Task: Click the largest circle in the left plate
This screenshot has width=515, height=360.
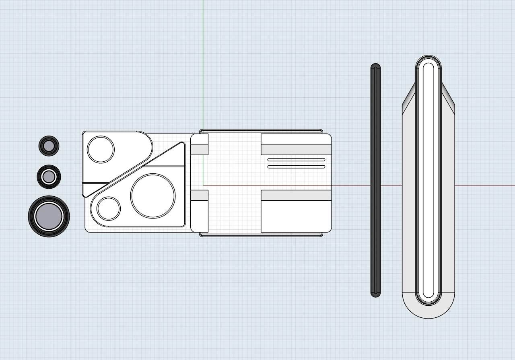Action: point(153,196)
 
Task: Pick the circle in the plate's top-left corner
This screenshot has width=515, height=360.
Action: point(101,149)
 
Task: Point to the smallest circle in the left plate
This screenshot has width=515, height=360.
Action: point(109,208)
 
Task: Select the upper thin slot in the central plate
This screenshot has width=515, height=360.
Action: point(296,160)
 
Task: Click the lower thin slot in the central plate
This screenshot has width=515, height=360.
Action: point(296,166)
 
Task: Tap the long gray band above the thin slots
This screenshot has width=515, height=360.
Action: point(296,150)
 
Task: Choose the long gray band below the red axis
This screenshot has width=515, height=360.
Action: point(296,195)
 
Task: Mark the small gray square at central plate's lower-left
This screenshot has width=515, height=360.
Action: point(200,195)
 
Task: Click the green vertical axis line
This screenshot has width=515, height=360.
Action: point(203,60)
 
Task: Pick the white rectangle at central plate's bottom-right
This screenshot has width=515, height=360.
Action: point(296,216)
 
